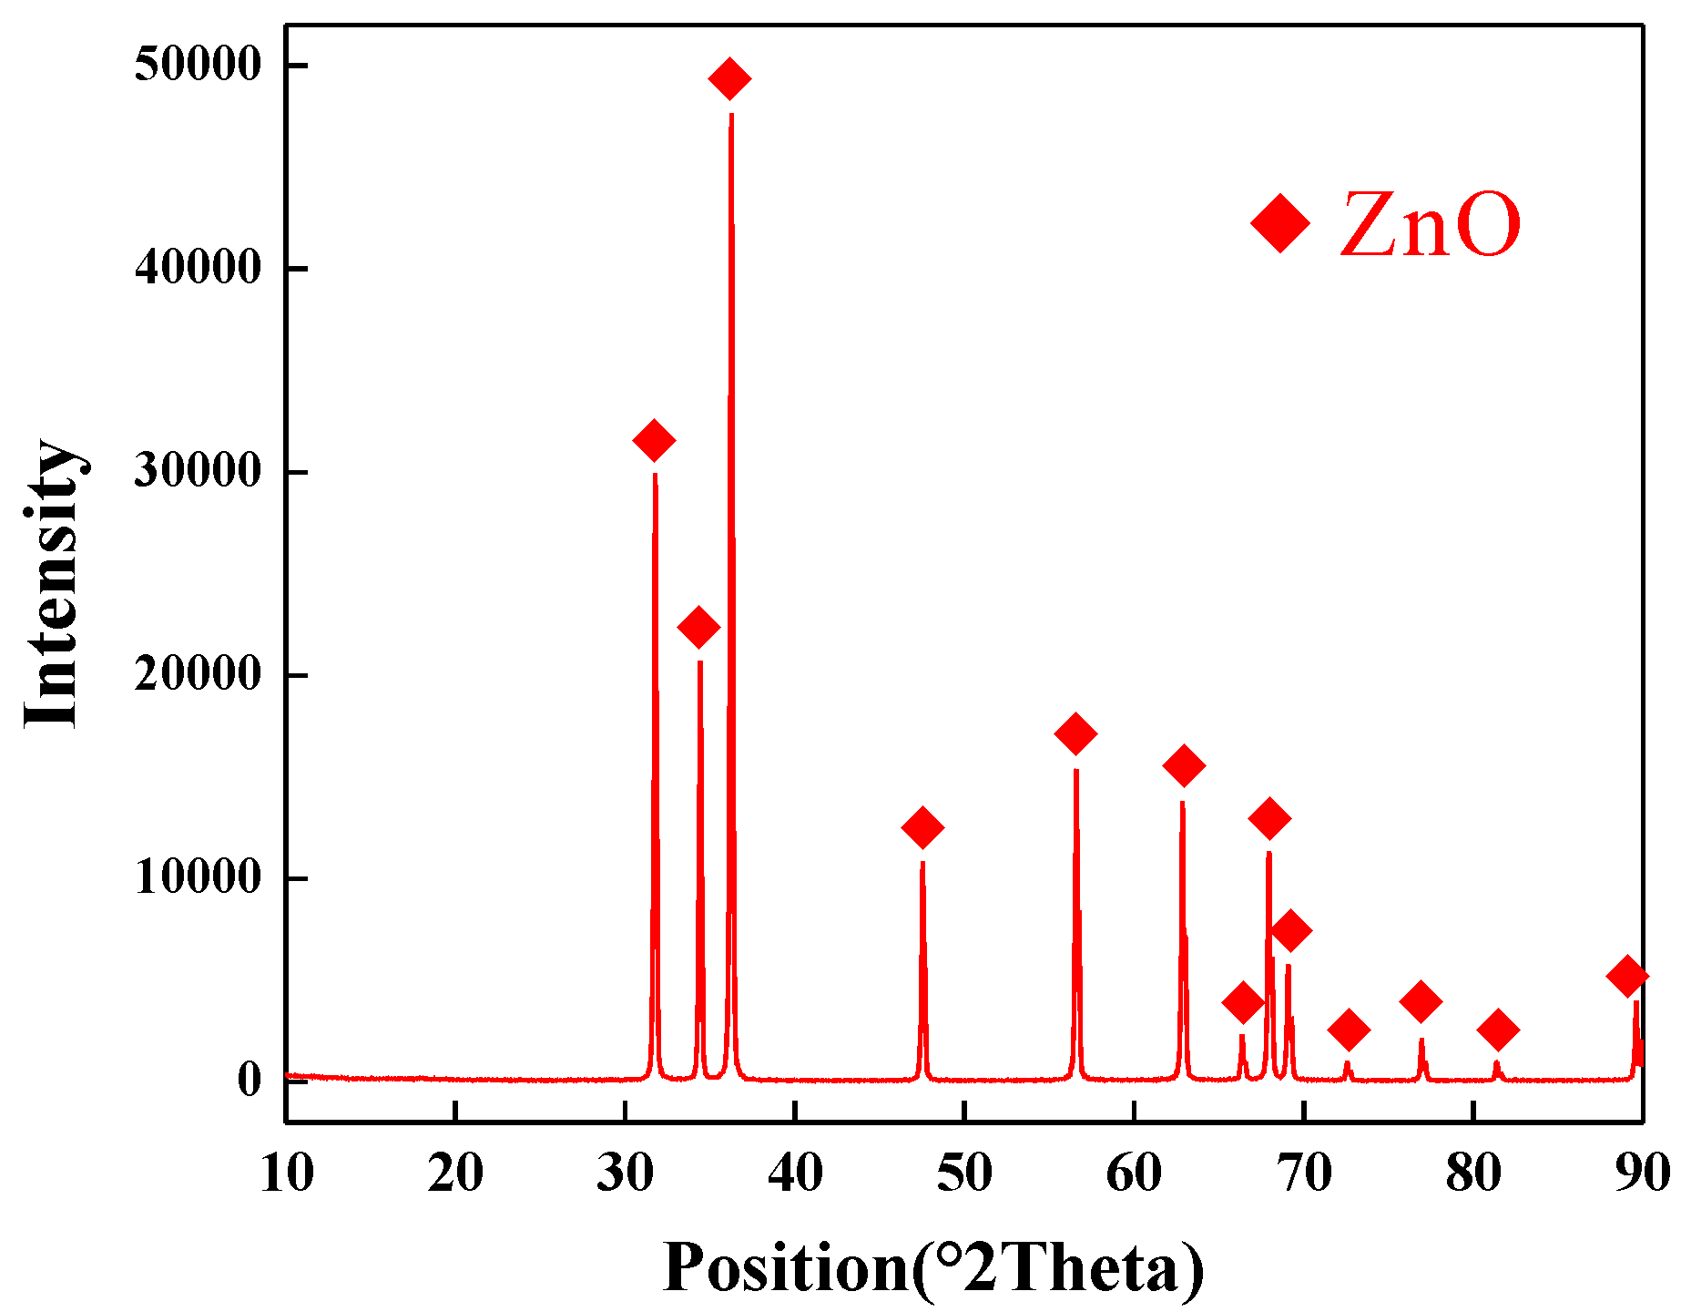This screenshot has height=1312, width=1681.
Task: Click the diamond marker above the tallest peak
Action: (729, 79)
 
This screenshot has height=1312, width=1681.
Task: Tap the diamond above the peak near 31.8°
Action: (654, 441)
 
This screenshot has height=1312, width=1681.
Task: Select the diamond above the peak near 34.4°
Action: (699, 628)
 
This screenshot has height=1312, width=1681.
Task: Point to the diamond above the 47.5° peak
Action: (922, 827)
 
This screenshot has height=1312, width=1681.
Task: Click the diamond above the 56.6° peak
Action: (1075, 733)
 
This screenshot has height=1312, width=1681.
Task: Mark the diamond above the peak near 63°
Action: (1184, 766)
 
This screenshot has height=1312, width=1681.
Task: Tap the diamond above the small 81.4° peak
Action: (1498, 1030)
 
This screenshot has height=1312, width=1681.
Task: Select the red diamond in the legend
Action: (1280, 222)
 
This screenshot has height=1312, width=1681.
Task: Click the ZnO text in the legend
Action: (1431, 224)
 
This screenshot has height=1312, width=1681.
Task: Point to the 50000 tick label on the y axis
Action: (198, 66)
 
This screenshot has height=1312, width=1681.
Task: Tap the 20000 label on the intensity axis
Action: (198, 675)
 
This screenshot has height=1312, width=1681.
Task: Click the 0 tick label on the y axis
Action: (250, 1081)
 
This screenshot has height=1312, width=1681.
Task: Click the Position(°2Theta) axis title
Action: (933, 1267)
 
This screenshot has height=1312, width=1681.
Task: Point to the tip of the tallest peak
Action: (731, 114)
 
